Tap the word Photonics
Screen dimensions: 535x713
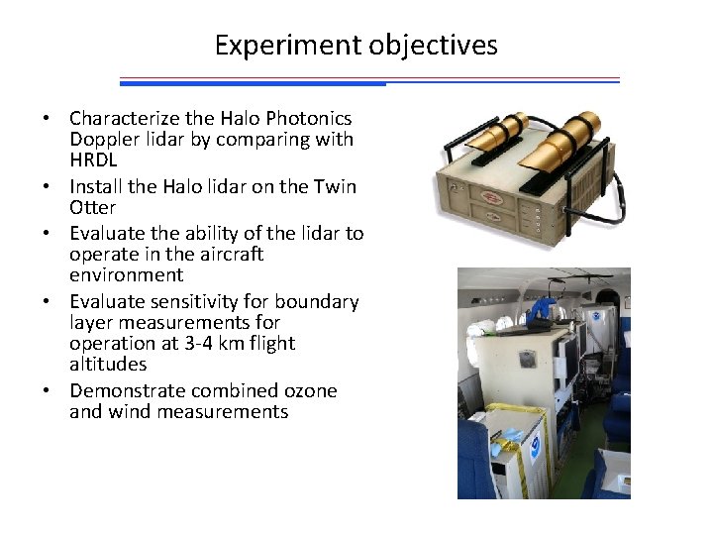[x=310, y=118]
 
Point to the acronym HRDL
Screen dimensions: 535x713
[x=93, y=160]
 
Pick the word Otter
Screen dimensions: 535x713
[x=92, y=208]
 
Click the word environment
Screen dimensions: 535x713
[x=126, y=275]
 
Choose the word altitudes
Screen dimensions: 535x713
[x=108, y=365]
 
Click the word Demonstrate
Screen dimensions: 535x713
[x=127, y=390]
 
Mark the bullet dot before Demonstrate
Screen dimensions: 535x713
[x=47, y=391]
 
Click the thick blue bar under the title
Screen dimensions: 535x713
[x=253, y=84]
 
